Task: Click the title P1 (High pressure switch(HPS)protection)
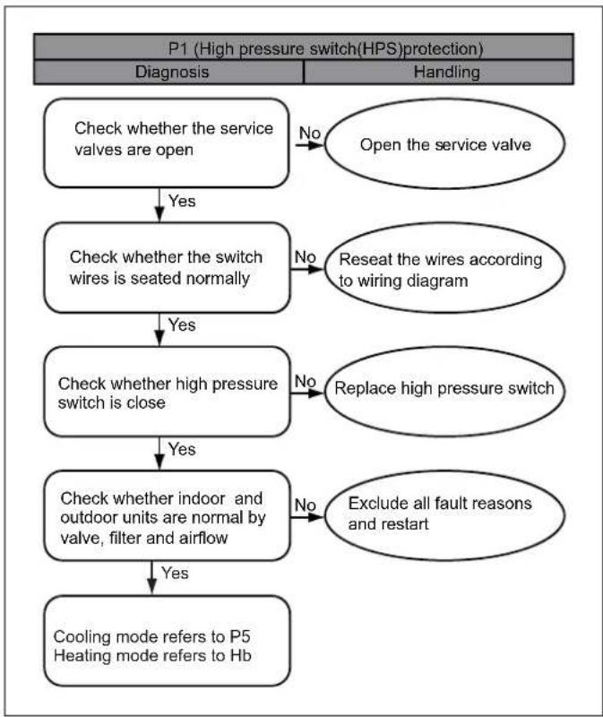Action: tap(325, 48)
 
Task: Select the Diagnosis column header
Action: tap(172, 72)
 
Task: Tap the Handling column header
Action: tap(446, 72)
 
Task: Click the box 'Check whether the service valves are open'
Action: tap(167, 143)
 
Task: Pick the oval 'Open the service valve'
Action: tap(444, 143)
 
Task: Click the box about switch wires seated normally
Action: tap(167, 268)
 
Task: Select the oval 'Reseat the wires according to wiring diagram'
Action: tap(444, 268)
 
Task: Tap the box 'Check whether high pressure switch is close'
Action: tap(167, 392)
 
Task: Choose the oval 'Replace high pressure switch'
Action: tap(444, 392)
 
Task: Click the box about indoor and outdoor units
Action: tap(167, 516)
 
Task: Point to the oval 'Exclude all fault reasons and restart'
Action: tap(444, 516)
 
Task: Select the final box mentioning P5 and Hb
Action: tap(167, 641)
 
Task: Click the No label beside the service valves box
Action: tap(309, 133)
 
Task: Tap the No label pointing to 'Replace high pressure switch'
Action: tap(306, 381)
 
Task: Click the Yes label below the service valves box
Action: tap(182, 201)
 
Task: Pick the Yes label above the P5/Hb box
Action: tap(175, 574)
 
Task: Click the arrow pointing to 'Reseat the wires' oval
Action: tap(307, 269)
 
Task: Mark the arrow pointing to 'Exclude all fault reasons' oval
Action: tap(307, 517)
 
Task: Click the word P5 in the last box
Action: tap(240, 636)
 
